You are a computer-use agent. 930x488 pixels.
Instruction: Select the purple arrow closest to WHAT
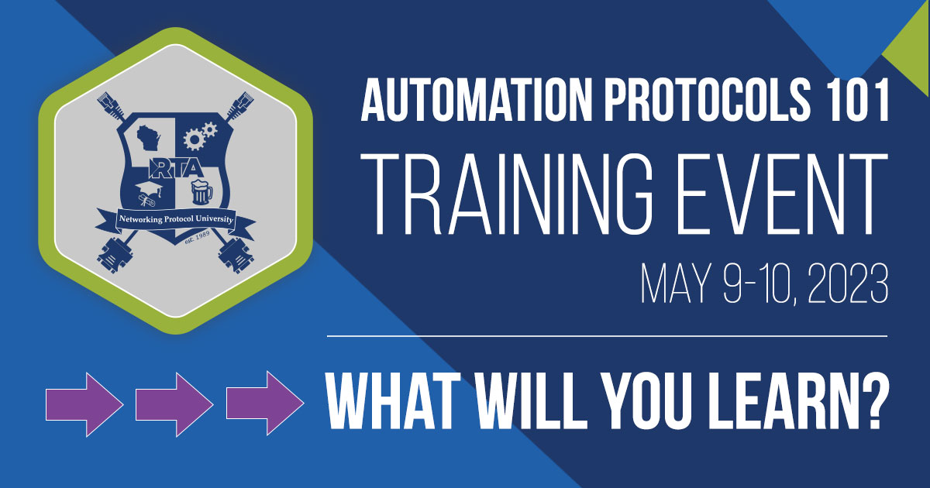coord(264,403)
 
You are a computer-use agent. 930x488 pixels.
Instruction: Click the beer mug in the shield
coord(201,192)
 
